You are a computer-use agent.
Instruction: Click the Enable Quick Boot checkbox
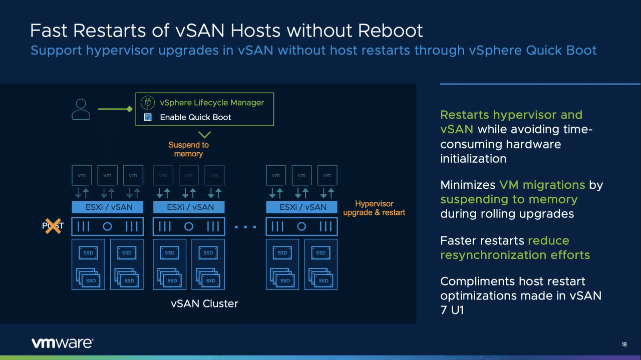coord(148,117)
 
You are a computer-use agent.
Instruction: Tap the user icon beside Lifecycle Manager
coord(81,109)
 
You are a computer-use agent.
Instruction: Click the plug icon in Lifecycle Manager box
coord(147,103)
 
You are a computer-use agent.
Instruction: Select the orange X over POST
coord(53,226)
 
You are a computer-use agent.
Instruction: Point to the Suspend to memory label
coord(188,149)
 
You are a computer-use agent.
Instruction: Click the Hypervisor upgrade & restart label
coord(374,208)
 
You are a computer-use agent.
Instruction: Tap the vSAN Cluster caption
coord(204,303)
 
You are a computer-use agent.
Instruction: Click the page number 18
coord(624,344)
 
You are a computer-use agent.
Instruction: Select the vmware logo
coord(62,343)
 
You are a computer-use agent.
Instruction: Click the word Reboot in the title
coord(391,31)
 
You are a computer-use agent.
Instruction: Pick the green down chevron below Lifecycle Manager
coord(204,134)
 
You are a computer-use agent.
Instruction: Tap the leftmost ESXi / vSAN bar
coord(107,207)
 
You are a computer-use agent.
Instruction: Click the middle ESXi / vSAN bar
coord(188,207)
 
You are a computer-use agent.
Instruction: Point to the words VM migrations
coord(542,185)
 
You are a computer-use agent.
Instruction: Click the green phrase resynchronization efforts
coord(515,255)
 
